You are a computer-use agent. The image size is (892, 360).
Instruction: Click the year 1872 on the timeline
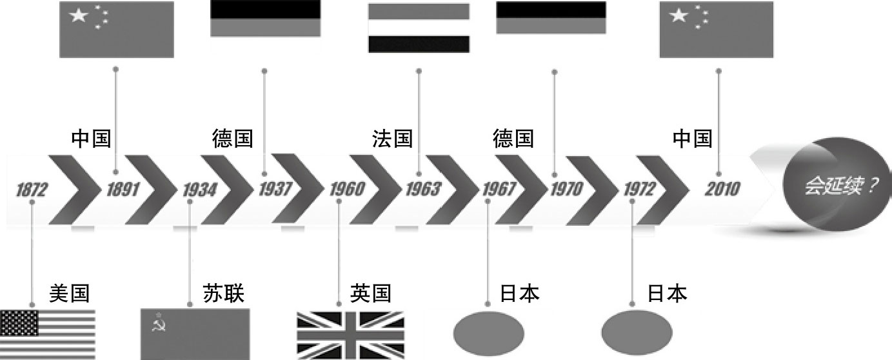32,190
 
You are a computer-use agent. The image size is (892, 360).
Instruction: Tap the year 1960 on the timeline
347,190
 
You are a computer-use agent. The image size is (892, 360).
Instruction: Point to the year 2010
722,190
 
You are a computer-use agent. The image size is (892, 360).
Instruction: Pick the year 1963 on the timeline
423,190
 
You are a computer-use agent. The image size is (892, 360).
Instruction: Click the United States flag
48,334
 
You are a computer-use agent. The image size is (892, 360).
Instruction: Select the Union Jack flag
350,334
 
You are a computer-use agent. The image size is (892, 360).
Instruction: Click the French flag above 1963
418,28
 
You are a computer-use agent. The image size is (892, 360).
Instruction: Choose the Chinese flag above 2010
716,29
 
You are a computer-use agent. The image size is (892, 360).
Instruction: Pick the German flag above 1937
265,18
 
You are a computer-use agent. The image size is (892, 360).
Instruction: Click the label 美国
68,294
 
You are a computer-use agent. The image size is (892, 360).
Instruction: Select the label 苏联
223,294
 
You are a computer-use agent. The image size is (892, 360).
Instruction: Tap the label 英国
371,294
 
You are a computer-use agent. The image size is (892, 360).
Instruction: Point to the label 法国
392,138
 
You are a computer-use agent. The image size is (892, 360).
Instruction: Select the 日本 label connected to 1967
519,294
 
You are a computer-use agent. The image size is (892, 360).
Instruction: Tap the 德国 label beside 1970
513,138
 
